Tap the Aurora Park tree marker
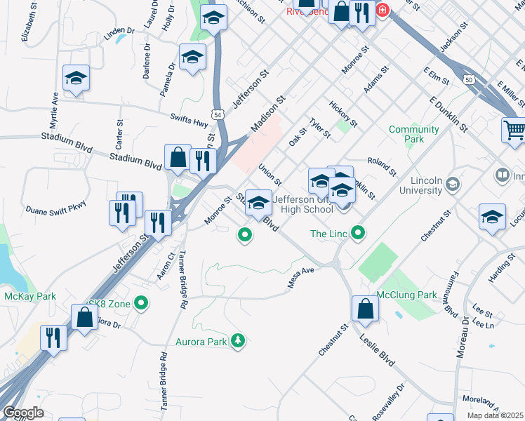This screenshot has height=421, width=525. click(x=239, y=342)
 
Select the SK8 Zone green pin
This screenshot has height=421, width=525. click(x=142, y=304)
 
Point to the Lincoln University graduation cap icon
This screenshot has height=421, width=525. click(x=453, y=185)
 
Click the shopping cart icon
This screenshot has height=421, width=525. click(x=514, y=131)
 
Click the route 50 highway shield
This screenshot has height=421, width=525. click(x=468, y=80)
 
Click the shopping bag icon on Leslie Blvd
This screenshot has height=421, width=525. click(x=365, y=309)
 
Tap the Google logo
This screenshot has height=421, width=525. click(x=23, y=413)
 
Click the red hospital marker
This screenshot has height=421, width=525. click(x=382, y=11)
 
